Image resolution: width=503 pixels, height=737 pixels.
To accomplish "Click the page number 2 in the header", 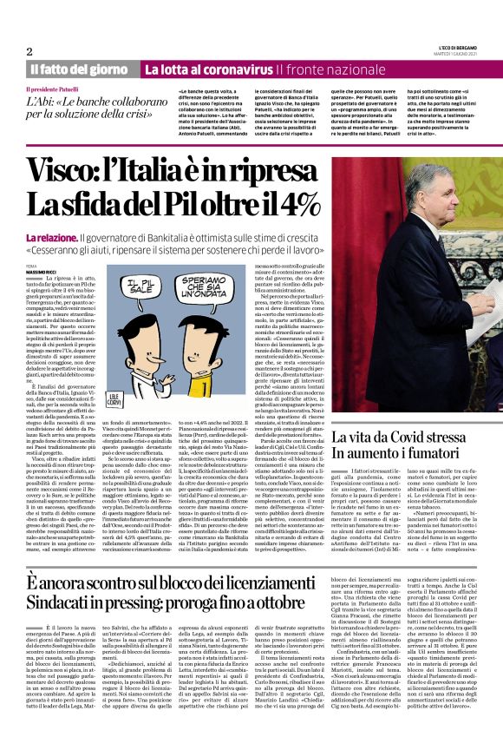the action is [x=29, y=51].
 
